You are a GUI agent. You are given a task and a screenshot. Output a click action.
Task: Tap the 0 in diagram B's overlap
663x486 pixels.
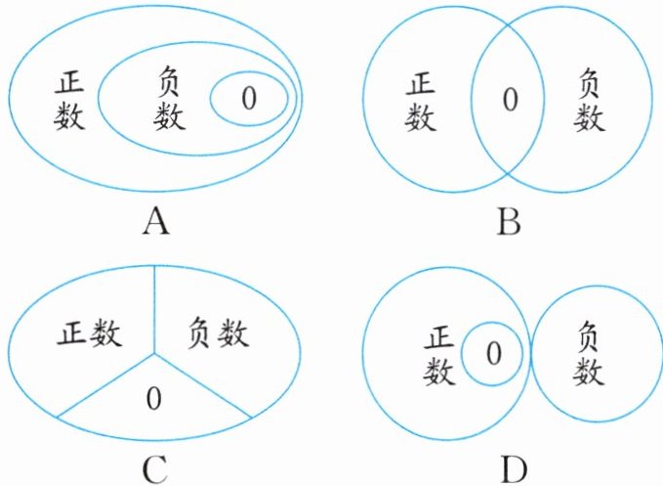point(508,99)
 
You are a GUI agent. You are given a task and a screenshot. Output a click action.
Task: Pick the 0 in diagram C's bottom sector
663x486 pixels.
point(152,398)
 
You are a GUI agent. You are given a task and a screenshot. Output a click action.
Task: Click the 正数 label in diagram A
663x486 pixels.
point(70,102)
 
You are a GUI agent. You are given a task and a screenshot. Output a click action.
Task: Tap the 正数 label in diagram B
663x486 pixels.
point(421,101)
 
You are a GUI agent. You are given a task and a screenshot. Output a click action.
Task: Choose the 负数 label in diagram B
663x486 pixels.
point(589,100)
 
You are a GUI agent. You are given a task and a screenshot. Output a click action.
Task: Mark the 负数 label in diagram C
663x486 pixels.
point(216,335)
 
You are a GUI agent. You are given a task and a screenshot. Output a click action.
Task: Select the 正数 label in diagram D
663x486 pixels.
point(441,354)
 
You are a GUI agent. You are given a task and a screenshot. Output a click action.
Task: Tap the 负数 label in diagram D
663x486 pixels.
point(589,354)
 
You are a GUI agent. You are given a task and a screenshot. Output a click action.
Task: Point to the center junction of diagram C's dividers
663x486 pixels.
point(152,351)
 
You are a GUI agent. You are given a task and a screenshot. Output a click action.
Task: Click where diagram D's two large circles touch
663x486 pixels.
point(531,352)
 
